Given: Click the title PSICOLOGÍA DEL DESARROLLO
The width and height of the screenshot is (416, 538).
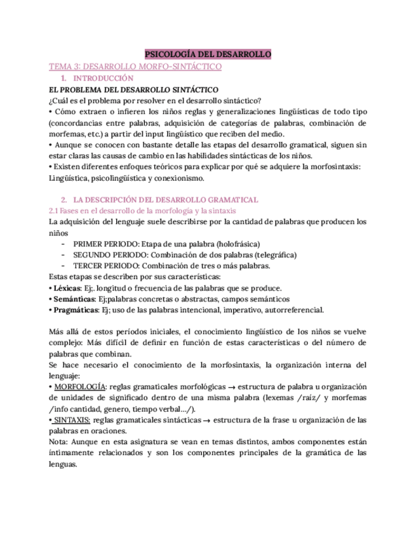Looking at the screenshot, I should click(x=208, y=55).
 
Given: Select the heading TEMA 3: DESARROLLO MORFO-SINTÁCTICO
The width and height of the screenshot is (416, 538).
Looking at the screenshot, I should click(x=135, y=66).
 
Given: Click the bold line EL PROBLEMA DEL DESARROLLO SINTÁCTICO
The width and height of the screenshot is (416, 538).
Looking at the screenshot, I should click(x=134, y=89).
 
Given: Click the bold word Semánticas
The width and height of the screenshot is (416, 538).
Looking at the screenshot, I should click(x=73, y=299).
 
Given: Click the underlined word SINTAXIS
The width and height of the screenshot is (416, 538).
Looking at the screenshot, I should click(x=71, y=420).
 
